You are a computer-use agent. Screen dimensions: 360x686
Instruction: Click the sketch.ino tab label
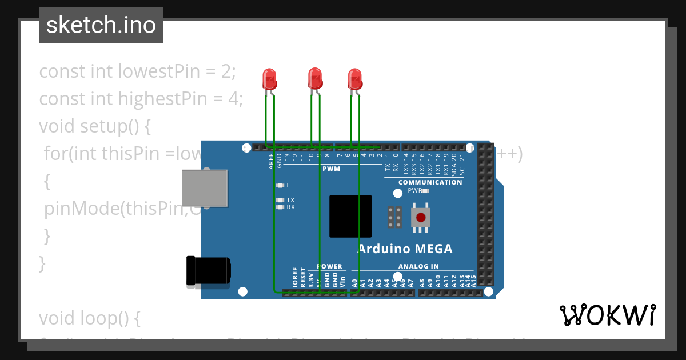tap(101, 25)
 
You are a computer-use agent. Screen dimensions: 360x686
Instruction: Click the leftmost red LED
tap(269, 79)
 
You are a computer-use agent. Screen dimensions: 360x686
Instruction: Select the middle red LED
tap(315, 78)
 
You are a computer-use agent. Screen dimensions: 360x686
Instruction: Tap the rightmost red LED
tap(355, 79)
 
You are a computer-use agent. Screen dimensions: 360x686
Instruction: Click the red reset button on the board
tap(421, 217)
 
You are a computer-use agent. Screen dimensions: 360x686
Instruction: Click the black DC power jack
tap(208, 270)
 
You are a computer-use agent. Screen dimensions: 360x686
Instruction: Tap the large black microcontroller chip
tap(350, 216)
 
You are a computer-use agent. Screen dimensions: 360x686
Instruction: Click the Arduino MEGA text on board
tap(404, 249)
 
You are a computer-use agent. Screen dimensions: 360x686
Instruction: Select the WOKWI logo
tap(607, 315)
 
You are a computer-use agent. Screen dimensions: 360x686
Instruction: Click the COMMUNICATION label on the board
tap(430, 182)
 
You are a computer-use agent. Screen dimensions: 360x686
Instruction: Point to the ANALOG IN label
tap(418, 266)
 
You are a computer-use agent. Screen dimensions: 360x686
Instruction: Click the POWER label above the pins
tap(329, 266)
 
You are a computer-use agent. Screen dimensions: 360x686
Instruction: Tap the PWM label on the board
tap(331, 169)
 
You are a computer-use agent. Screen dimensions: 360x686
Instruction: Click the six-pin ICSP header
tap(394, 217)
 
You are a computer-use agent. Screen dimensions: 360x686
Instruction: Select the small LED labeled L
tap(280, 185)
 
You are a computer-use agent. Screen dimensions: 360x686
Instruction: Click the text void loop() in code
tap(89, 317)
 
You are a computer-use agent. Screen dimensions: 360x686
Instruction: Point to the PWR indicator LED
tap(425, 191)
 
